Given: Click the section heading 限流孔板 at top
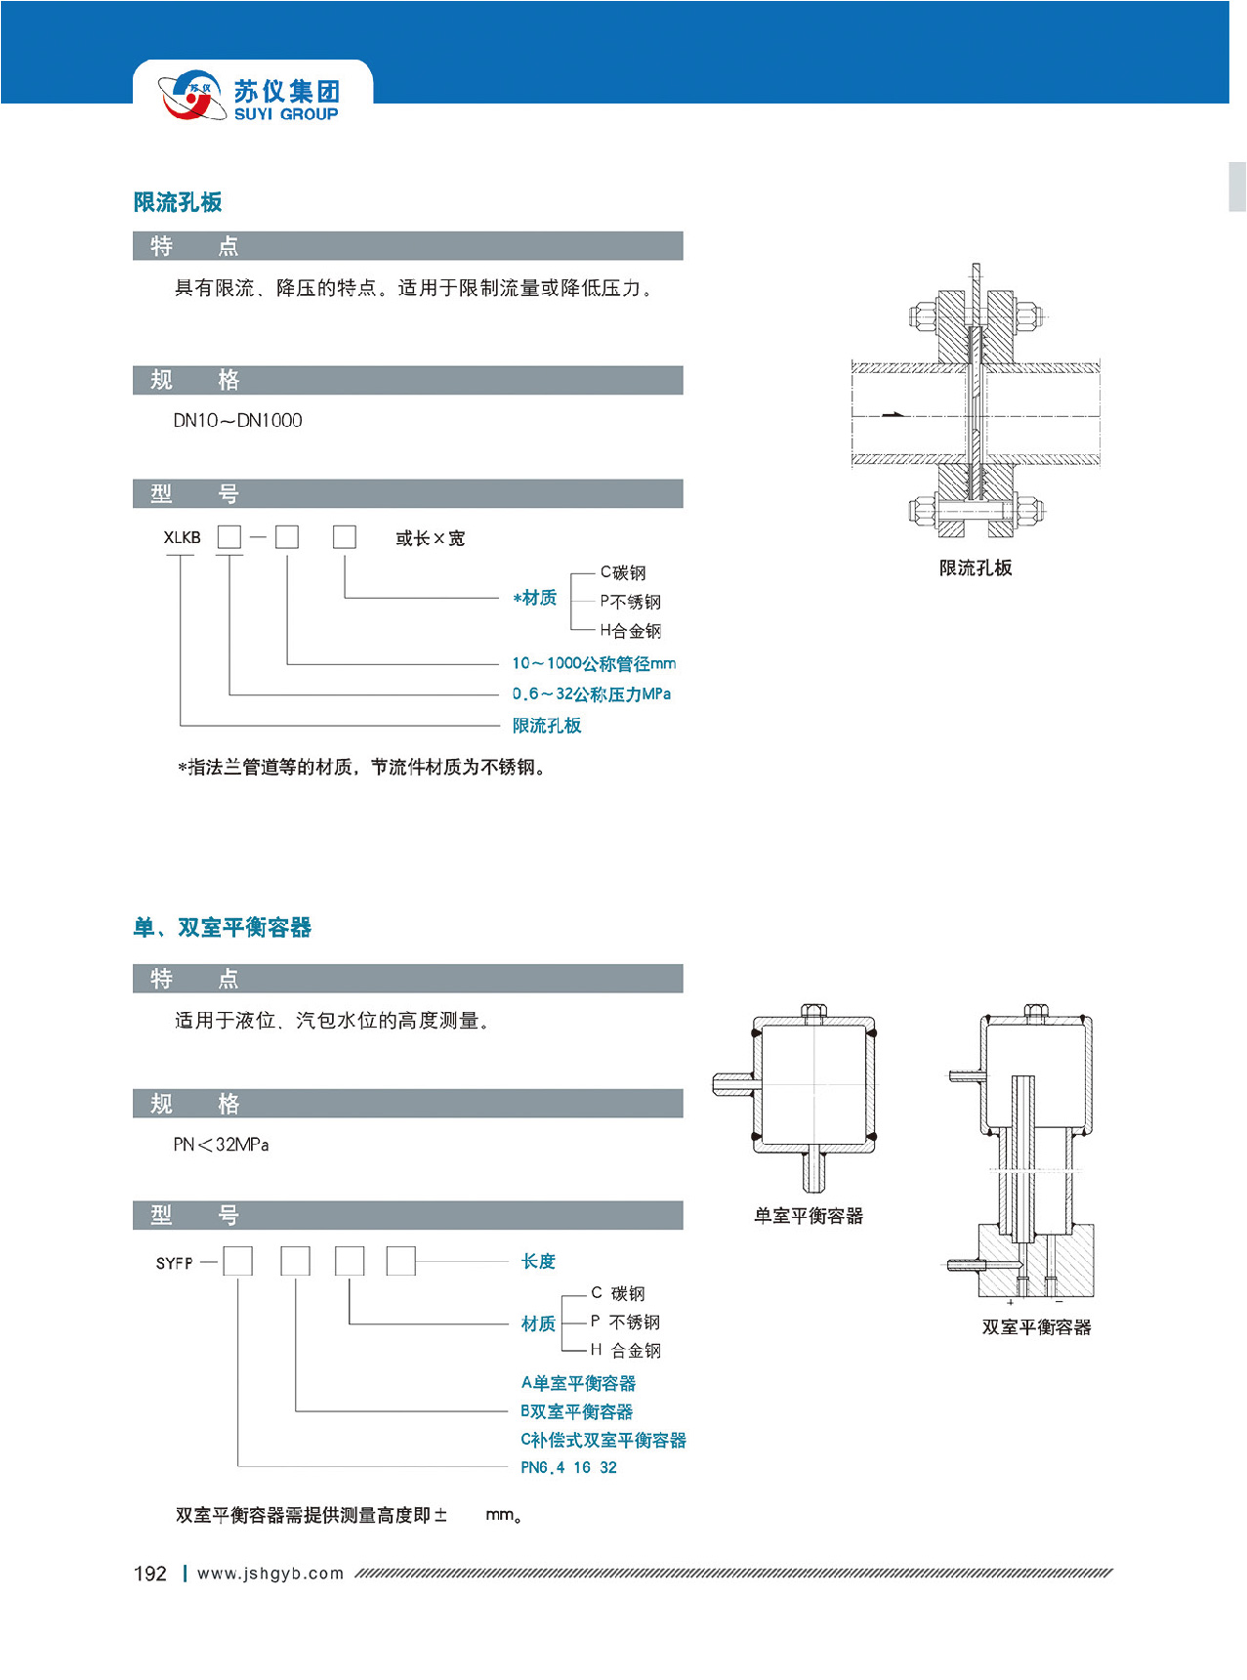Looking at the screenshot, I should click(178, 202).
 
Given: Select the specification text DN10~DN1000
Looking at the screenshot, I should click(237, 421).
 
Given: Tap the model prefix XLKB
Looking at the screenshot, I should click(182, 538).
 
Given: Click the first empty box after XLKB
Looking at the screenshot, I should click(229, 537).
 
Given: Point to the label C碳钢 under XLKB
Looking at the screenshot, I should click(623, 572).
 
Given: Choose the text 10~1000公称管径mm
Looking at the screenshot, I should click(594, 664).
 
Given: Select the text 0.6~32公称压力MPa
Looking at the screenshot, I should click(592, 694).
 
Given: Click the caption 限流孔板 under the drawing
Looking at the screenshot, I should click(975, 568).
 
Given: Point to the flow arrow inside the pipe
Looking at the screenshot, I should click(893, 415).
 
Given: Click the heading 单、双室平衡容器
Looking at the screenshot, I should click(223, 928).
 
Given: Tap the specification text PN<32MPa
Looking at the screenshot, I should click(221, 1145).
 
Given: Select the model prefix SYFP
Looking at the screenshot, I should click(175, 1264).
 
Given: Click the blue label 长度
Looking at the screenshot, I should click(538, 1262).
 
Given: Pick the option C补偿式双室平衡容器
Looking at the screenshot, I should click(603, 1441).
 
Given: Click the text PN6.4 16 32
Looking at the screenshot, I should click(568, 1468).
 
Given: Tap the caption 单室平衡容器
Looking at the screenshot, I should click(809, 1216).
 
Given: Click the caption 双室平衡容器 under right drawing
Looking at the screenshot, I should click(1036, 1327).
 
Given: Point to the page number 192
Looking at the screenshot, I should click(150, 1574).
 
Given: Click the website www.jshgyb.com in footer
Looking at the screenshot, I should click(270, 1574).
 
